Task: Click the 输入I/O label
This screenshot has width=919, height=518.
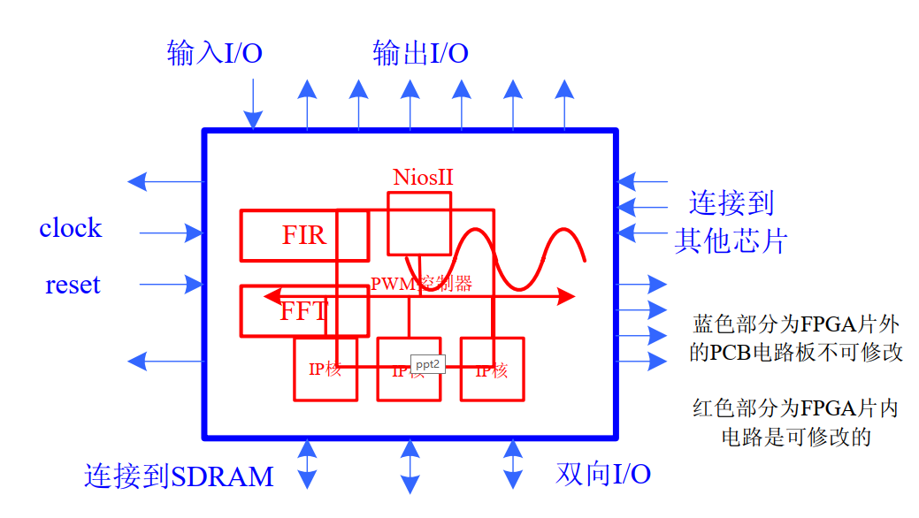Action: (x=214, y=54)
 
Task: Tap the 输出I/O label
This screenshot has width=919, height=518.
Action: (x=420, y=54)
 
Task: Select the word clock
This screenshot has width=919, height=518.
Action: (x=70, y=228)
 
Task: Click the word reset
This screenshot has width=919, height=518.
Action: (x=73, y=285)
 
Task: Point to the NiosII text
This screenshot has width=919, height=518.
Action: (x=424, y=176)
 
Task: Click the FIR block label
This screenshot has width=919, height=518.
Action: (x=304, y=235)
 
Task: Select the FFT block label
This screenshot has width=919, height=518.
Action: (x=303, y=311)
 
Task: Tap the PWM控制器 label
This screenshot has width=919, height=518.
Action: (x=421, y=284)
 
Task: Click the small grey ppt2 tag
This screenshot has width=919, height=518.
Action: (x=428, y=363)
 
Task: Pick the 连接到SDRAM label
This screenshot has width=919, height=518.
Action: (x=179, y=476)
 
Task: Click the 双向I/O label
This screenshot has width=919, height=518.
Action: (x=603, y=474)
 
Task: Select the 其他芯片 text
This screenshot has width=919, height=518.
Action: (x=731, y=240)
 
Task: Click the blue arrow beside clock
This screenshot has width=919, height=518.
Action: (x=172, y=233)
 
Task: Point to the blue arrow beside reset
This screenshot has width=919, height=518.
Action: (x=172, y=285)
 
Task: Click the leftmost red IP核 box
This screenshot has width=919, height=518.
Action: (x=325, y=369)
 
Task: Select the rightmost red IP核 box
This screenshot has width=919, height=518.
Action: (x=492, y=369)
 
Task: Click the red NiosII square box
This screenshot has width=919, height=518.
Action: (x=419, y=223)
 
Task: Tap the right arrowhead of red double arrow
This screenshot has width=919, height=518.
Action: (x=567, y=296)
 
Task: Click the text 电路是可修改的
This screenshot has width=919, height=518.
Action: (x=796, y=436)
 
